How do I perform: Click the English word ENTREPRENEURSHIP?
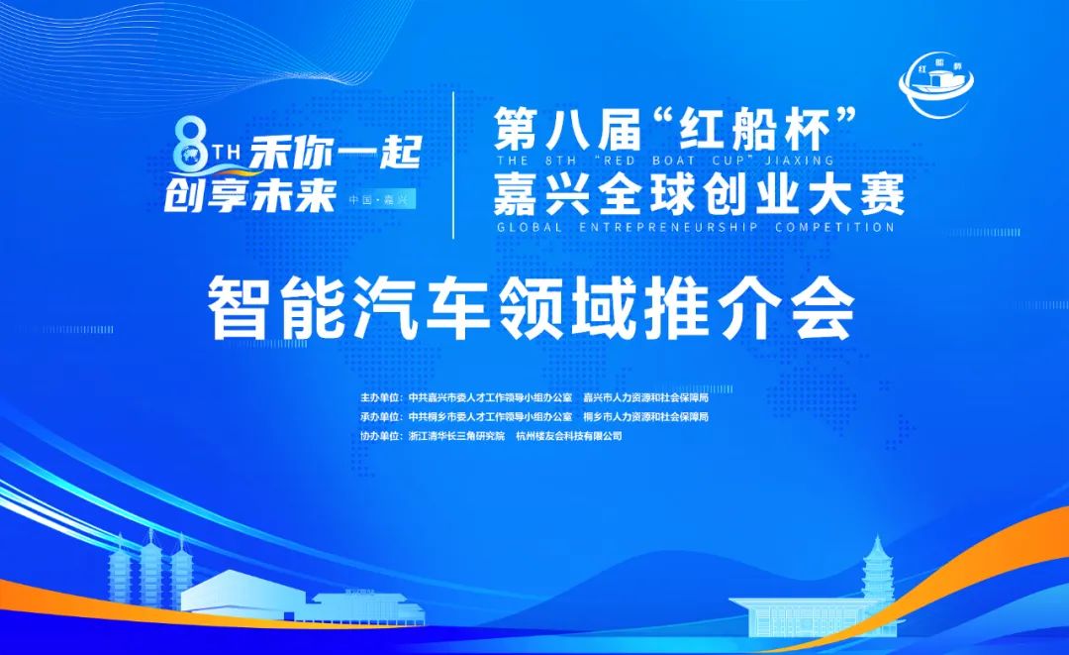[x=669, y=227]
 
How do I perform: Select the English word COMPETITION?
[x=834, y=227]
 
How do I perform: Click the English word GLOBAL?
[x=530, y=227]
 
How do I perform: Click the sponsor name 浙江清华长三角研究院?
[x=456, y=435]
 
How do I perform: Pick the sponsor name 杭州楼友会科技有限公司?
[x=569, y=435]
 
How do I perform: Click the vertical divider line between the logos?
[x=454, y=164]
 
